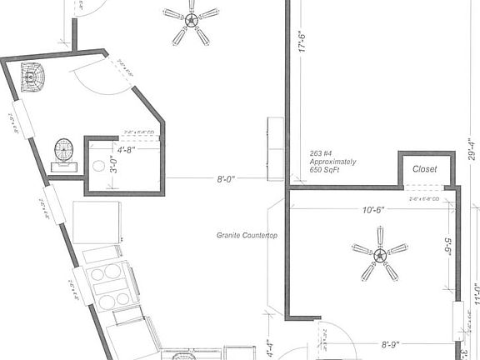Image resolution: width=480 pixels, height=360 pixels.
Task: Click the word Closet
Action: pyautogui.click(x=425, y=169)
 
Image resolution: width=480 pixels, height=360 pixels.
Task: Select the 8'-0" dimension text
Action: pyautogui.click(x=225, y=178)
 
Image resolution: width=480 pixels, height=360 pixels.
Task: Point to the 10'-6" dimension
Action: pyautogui.click(x=374, y=210)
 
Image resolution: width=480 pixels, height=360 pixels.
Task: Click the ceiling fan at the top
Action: pyautogui.click(x=191, y=22)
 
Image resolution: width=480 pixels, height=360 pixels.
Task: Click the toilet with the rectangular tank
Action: pyautogui.click(x=65, y=155)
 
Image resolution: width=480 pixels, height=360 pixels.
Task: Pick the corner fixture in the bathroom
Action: pyautogui.click(x=32, y=77)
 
